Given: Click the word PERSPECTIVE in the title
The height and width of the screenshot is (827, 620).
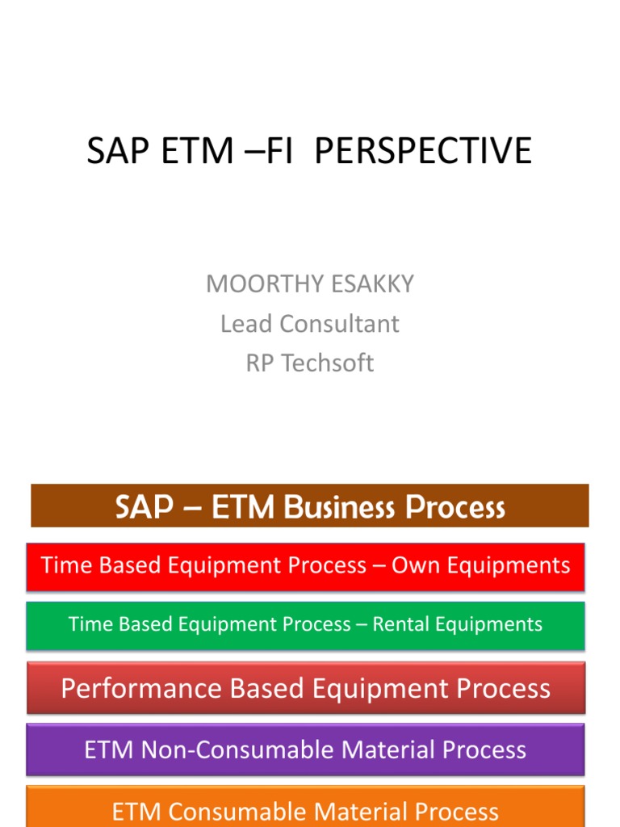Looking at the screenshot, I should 423,151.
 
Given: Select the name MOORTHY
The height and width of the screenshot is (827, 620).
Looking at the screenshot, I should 258,284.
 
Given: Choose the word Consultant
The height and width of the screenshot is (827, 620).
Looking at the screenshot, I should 339,324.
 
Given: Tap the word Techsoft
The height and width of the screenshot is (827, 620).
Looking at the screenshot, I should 327,363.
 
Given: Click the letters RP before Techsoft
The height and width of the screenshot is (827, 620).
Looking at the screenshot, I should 259,363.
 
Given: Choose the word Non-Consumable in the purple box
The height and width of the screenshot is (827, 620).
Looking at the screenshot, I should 233,750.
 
